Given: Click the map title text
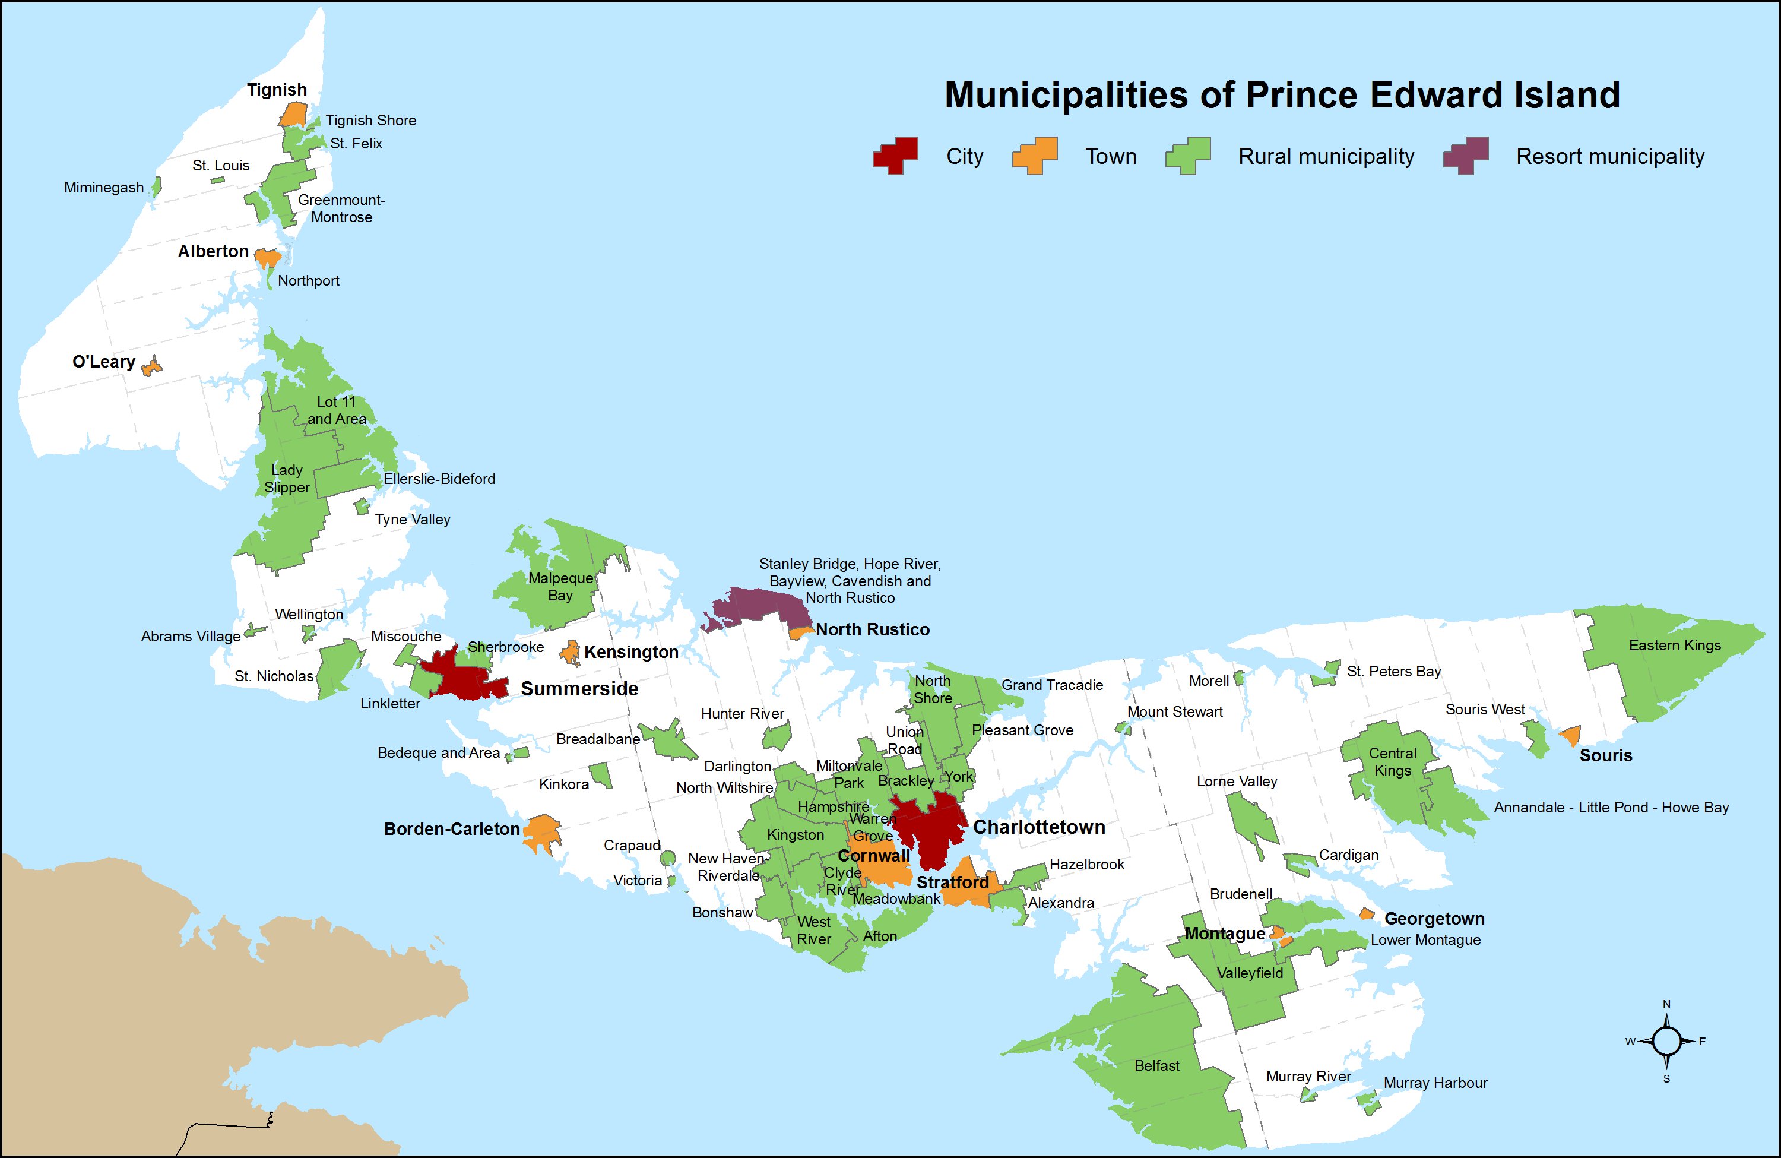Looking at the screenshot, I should pyautogui.click(x=1282, y=95).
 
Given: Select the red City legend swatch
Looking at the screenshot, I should pyautogui.click(x=895, y=156).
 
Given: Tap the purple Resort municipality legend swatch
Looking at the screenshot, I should pyautogui.click(x=1465, y=156).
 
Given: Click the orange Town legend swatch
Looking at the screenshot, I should pyautogui.click(x=1035, y=156).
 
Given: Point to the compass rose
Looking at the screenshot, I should pyautogui.click(x=1666, y=1041).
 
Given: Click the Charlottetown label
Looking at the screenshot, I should pyautogui.click(x=1039, y=827).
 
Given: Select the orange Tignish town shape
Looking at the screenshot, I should pyautogui.click(x=293, y=114).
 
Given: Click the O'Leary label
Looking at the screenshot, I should pyautogui.click(x=103, y=362).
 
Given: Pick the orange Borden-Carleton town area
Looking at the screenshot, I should pyautogui.click(x=542, y=831).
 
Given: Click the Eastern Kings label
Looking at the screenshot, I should pyautogui.click(x=1675, y=646).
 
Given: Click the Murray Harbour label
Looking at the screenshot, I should pyautogui.click(x=1434, y=1083).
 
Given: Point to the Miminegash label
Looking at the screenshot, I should pyautogui.click(x=103, y=187).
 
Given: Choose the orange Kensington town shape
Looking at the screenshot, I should pyautogui.click(x=571, y=652).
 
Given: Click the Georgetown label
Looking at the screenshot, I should pyautogui.click(x=1434, y=919).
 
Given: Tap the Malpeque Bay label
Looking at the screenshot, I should pyautogui.click(x=560, y=587).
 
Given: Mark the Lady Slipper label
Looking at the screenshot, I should pyautogui.click(x=287, y=478).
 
